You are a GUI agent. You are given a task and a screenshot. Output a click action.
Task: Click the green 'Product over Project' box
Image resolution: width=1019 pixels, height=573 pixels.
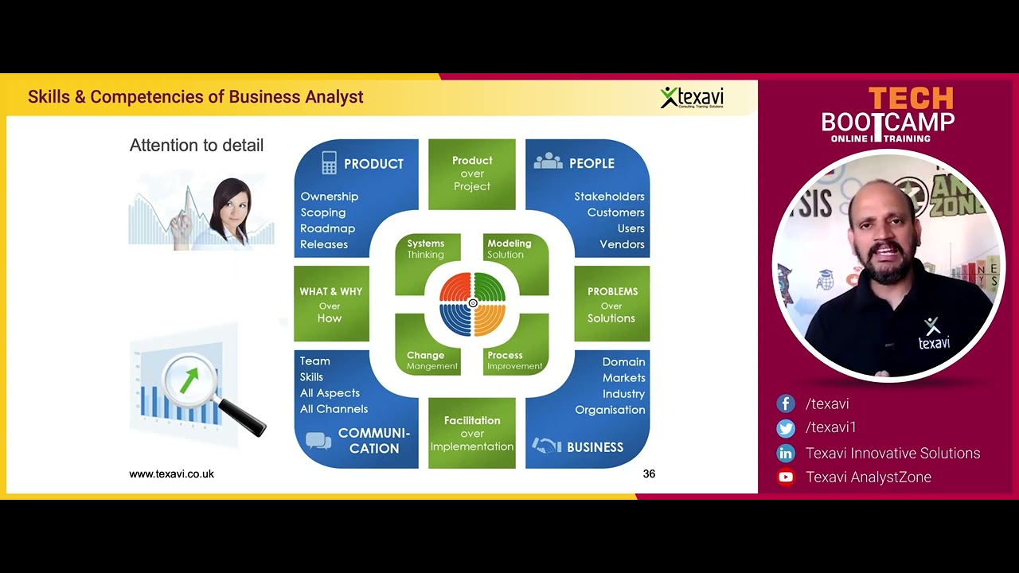pos(472,173)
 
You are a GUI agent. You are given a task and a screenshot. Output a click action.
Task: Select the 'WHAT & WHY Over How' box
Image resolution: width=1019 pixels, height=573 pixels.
pos(331,304)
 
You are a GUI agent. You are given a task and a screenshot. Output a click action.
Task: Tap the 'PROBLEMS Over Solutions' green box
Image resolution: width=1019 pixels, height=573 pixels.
pos(611,304)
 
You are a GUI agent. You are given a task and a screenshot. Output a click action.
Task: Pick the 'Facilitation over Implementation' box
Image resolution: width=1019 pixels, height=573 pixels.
pos(472,433)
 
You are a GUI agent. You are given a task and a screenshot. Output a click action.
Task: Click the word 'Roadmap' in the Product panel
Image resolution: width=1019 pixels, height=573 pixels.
pos(327,228)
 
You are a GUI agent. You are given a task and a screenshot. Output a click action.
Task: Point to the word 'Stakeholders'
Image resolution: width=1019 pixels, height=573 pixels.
pos(609,197)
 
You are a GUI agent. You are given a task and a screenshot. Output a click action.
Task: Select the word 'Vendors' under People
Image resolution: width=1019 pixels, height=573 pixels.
pos(622,244)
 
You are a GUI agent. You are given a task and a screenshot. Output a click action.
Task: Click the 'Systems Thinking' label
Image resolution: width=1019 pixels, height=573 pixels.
pos(426,249)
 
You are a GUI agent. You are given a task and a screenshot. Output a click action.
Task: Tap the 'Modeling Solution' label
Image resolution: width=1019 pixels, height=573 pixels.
pos(509,249)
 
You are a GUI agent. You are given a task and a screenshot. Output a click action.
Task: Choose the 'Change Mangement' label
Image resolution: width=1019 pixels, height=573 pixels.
pos(431,361)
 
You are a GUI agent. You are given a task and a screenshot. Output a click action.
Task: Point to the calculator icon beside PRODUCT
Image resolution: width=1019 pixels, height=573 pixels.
pos(329,163)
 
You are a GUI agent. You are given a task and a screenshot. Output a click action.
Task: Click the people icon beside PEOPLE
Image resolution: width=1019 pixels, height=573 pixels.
pos(548,162)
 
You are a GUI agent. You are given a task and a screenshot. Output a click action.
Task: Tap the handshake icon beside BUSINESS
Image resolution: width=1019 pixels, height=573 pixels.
pos(547,446)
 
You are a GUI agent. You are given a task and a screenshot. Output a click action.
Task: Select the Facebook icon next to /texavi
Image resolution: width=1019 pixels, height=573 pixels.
pos(786,404)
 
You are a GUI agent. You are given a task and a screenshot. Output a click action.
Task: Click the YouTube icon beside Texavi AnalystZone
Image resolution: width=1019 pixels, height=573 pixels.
pos(786,477)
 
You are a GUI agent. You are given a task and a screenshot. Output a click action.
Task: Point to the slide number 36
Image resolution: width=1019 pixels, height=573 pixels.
pos(649,474)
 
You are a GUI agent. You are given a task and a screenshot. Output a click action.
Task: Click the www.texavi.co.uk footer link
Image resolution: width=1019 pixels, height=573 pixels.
pos(171,474)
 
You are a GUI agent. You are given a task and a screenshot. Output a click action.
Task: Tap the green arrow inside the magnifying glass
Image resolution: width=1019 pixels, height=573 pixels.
pos(189,380)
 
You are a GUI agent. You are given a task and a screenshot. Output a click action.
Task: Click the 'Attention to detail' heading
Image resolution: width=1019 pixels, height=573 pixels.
pos(196,146)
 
